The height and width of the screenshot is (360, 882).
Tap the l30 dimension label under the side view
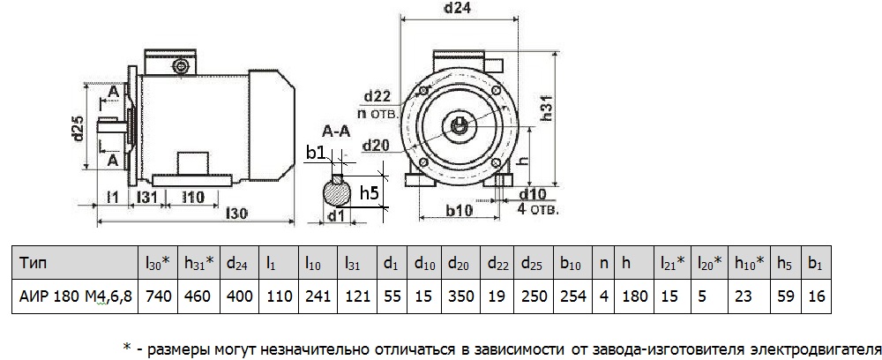click(235, 213)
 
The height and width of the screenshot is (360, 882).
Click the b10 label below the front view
click(458, 212)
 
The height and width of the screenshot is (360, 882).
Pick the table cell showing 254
click(572, 297)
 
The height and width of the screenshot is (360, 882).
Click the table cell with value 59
click(785, 297)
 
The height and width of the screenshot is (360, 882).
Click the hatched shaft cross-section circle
click(336, 191)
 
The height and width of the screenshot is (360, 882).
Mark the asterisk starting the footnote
click(127, 346)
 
